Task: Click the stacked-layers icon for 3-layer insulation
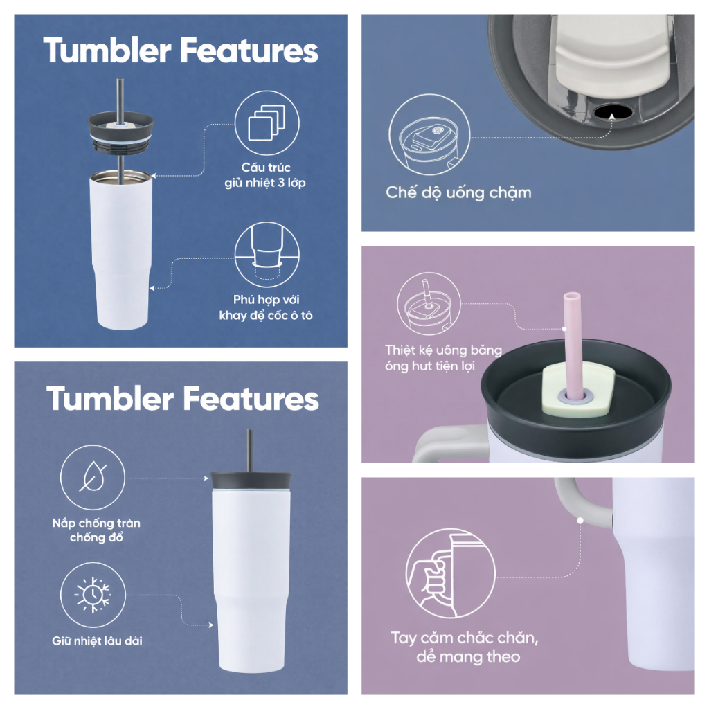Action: click(x=267, y=123)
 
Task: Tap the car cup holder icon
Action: click(x=267, y=255)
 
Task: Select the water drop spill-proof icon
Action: click(x=93, y=478)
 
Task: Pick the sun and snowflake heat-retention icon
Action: click(x=93, y=595)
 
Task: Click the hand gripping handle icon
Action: click(x=450, y=573)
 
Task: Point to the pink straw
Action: click(x=572, y=346)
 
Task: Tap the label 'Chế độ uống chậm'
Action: click(x=458, y=192)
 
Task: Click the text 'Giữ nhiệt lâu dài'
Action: click(x=97, y=640)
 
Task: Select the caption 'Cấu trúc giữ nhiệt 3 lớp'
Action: click(x=265, y=175)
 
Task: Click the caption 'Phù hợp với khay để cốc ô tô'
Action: click(x=266, y=307)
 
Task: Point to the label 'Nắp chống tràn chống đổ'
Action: click(x=96, y=530)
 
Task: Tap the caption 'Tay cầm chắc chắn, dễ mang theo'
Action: click(x=465, y=647)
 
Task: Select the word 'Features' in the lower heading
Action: click(x=251, y=399)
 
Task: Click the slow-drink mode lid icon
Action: click(x=429, y=134)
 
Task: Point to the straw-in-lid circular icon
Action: click(x=429, y=304)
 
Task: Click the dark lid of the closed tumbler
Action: click(x=251, y=481)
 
